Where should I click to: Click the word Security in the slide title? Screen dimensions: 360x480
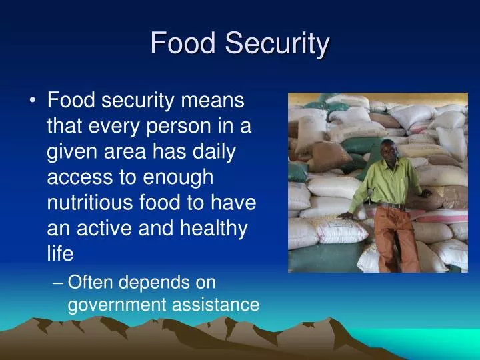pyautogui.click(x=276, y=44)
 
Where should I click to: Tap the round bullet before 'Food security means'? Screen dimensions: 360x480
pyautogui.click(x=33, y=102)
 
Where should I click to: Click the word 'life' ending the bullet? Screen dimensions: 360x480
pyautogui.click(x=59, y=254)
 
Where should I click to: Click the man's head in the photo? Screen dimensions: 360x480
pyautogui.click(x=388, y=151)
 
